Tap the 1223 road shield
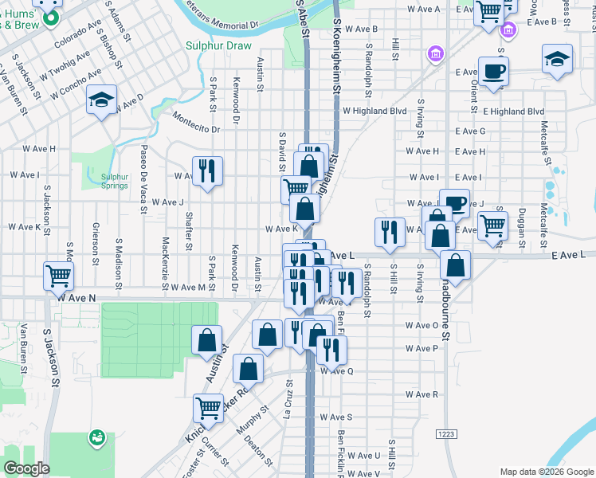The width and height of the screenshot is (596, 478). pos(446,433)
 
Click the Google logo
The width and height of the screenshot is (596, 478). pos(26,468)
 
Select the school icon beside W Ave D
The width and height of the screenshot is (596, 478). pos(101,100)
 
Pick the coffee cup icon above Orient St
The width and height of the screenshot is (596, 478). pos(493,70)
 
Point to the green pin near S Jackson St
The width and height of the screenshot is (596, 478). pos(97,437)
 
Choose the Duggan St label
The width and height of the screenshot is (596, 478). pos(520,220)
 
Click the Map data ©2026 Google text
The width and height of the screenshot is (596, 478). pos(547,471)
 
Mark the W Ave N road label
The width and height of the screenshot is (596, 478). pos(76,297)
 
